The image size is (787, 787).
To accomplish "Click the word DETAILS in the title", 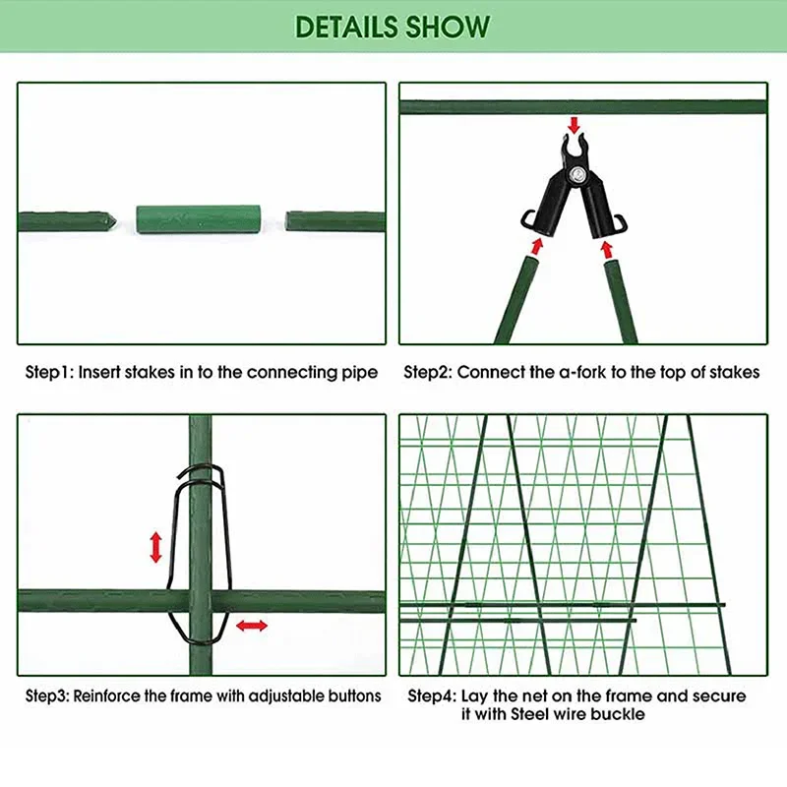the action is pos(346,27).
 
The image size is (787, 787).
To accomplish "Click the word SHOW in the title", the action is pos(449,27).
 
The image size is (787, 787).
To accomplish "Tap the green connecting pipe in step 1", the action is pos(199,218).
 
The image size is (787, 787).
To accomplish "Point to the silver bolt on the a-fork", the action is pos(576,175).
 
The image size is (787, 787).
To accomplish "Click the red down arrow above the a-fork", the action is pos(575,125).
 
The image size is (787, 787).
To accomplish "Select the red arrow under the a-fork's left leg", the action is pos(537,246).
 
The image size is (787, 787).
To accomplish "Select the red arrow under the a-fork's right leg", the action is pos(607,250).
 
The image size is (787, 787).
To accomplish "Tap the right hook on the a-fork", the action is pos(621,224).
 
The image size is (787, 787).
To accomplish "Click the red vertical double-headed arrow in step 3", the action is pos(156,547).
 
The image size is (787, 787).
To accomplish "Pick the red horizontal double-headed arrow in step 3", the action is pos(252,626).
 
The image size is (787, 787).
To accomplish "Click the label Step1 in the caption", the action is pos(49,373).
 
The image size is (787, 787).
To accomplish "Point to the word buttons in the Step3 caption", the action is pos(354,696).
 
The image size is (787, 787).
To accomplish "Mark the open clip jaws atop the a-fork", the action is pos(575,146).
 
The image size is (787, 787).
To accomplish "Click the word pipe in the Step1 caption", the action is pos(360,374).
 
